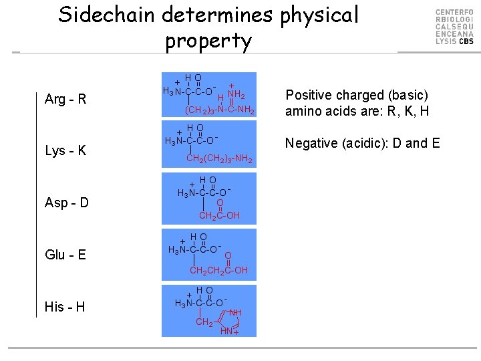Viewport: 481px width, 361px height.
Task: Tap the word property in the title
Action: tap(208, 41)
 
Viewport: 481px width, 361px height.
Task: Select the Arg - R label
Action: tap(65, 100)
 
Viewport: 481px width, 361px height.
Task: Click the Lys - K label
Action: tap(65, 150)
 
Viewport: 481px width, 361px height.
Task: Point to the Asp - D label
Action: tap(67, 203)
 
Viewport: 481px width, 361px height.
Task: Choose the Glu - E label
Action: tap(65, 254)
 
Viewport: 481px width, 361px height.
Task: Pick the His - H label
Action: tap(65, 307)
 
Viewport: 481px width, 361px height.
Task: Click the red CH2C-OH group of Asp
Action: tap(219, 215)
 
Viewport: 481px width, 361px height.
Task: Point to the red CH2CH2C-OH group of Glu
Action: tap(218, 270)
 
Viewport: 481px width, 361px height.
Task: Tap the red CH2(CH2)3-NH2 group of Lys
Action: tap(218, 158)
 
